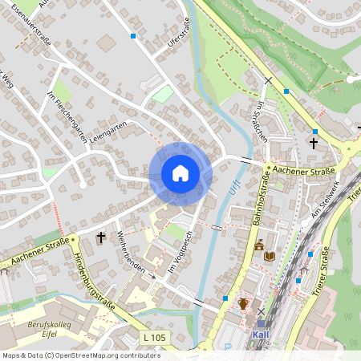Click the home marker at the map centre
click(x=180, y=173)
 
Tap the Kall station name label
click(x=261, y=335)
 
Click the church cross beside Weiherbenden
click(x=101, y=237)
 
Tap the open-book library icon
click(x=270, y=256)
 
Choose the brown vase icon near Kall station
click(x=242, y=303)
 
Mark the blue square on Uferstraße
click(x=133, y=36)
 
